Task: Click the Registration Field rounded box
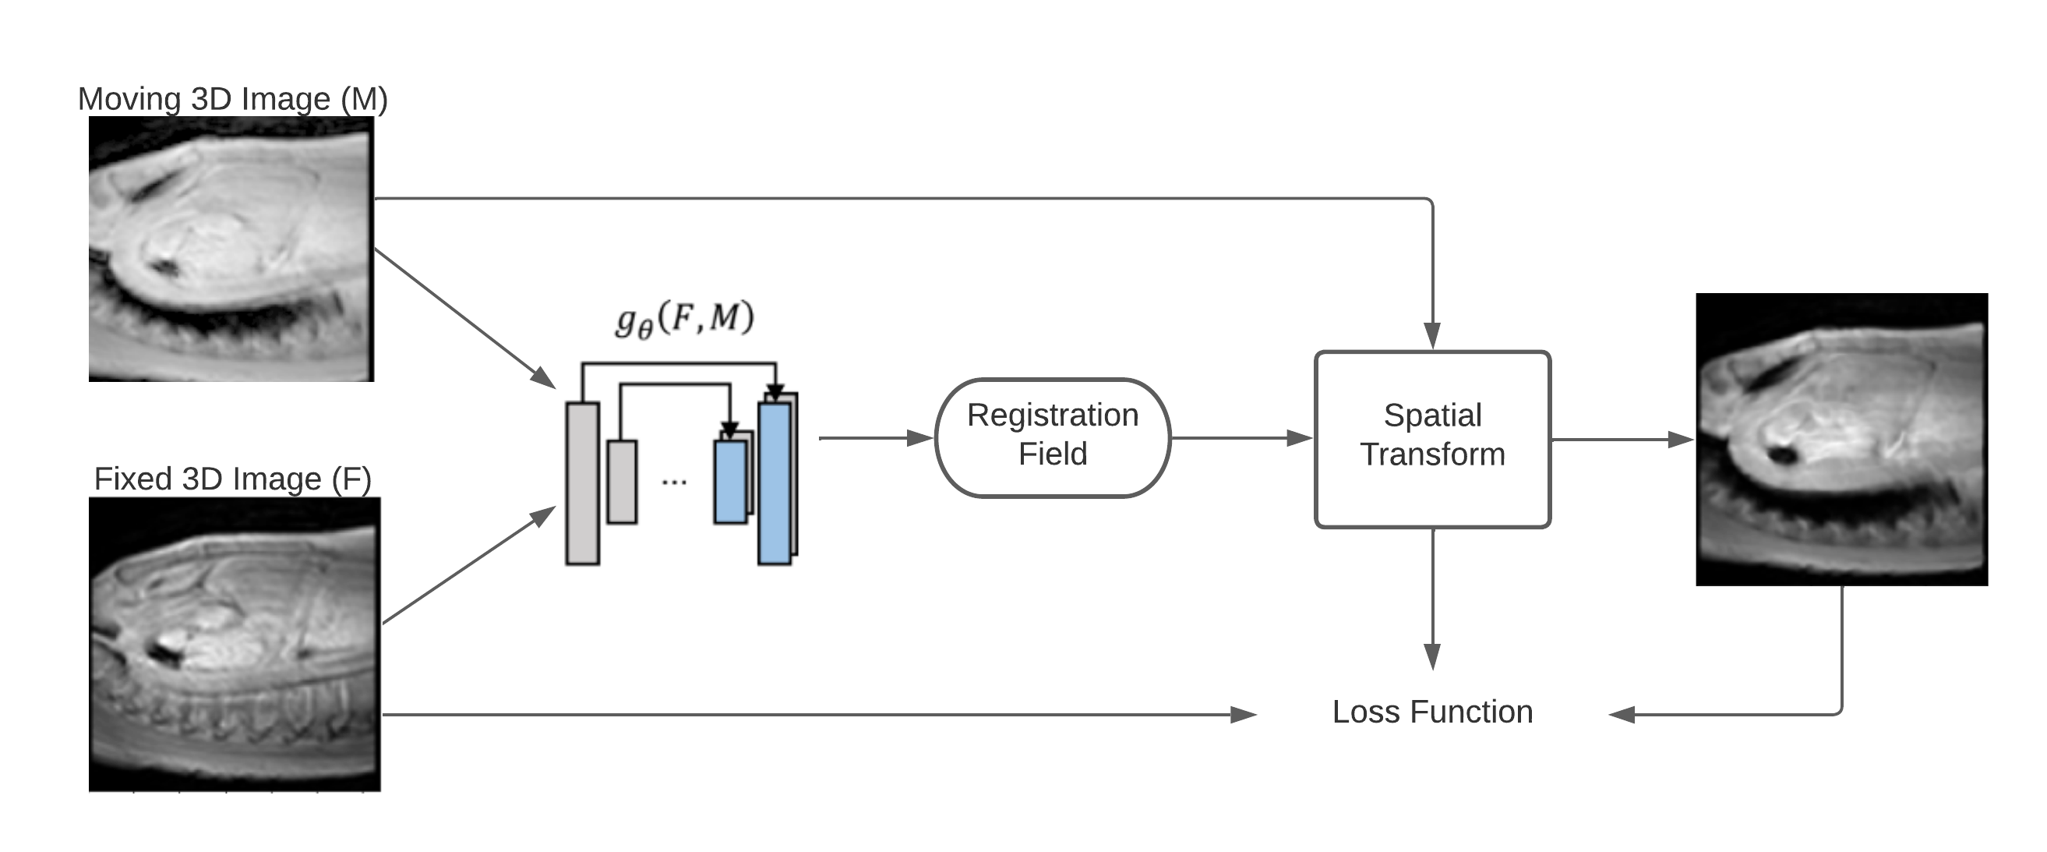(1052, 437)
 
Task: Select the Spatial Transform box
(1432, 439)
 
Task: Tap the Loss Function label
(1432, 712)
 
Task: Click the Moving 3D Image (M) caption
(232, 99)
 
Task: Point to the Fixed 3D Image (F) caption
(232, 479)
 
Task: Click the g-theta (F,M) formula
(685, 320)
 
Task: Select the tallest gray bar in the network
(583, 483)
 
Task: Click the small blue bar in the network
(729, 482)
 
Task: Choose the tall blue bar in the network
(774, 483)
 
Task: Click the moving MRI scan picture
(231, 249)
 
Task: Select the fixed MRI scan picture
(235, 644)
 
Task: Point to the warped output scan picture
(1841, 440)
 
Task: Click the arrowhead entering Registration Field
(920, 438)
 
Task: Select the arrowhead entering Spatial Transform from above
(1432, 335)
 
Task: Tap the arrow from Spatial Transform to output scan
(1621, 440)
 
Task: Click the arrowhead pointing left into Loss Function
(1622, 715)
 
